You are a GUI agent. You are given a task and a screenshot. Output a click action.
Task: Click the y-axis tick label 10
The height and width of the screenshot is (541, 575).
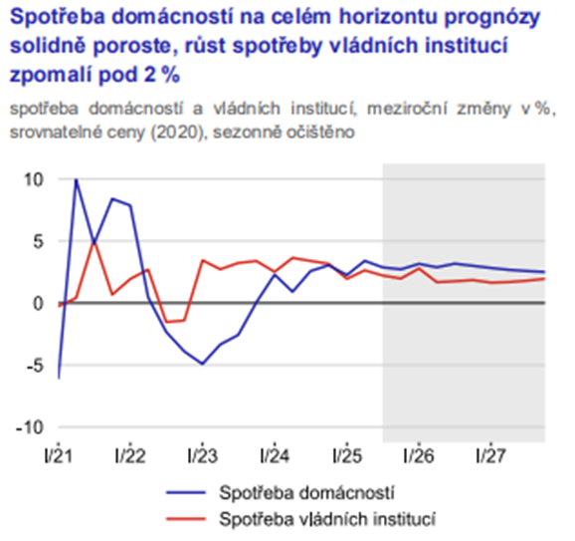click(x=36, y=180)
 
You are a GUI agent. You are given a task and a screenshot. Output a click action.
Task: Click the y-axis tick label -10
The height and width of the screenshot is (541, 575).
click(x=33, y=427)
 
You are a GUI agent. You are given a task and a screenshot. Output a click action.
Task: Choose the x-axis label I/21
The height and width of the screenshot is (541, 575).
click(x=59, y=456)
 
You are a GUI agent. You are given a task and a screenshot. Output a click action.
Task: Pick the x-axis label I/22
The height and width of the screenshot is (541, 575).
click(x=130, y=456)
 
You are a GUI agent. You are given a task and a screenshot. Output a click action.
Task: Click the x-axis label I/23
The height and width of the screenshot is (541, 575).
click(x=202, y=456)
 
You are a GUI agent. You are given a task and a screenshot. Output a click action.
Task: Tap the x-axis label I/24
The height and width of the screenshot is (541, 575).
click(x=274, y=456)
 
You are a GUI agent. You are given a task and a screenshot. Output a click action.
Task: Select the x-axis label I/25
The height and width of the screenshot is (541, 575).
click(x=346, y=456)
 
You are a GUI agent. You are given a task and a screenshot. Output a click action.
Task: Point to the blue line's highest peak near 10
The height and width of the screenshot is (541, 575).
click(x=77, y=180)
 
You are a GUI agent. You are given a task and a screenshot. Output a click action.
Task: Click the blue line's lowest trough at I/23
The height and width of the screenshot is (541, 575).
click(x=202, y=364)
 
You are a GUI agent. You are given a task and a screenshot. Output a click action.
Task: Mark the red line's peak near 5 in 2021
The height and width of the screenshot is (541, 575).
click(x=95, y=241)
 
